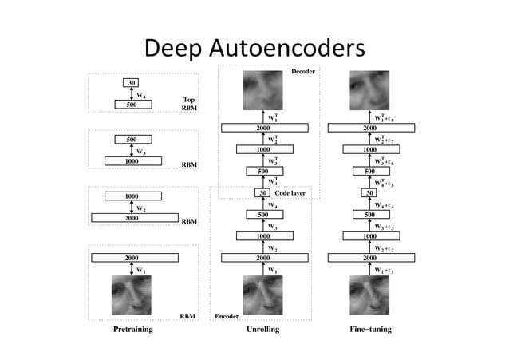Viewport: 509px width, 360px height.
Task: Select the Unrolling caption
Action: point(262,328)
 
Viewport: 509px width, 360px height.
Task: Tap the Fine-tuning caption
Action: point(369,328)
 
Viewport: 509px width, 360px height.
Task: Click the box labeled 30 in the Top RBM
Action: point(131,83)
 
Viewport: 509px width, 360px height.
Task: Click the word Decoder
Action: point(302,72)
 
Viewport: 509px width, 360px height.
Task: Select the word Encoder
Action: point(227,316)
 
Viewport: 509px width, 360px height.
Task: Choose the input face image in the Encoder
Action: point(262,295)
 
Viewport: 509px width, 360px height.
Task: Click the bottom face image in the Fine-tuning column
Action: point(369,295)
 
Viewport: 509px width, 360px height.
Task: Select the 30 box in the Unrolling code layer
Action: point(262,192)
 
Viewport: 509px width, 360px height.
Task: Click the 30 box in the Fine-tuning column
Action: point(369,192)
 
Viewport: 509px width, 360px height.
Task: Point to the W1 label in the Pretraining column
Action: point(141,270)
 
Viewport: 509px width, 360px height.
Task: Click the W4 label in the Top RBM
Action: point(140,93)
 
